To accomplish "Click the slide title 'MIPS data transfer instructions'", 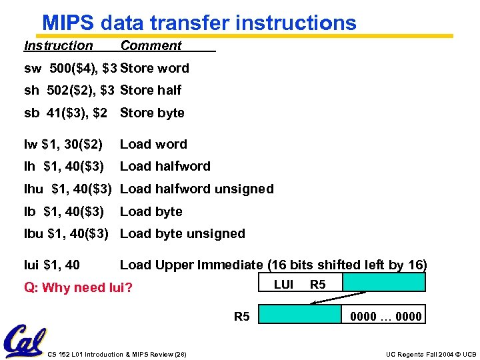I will tap(199, 22).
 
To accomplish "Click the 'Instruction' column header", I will tap(59, 46).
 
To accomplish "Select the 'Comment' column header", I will tap(151, 46).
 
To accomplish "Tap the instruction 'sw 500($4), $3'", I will tap(69, 68).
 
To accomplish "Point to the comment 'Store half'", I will tap(151, 90).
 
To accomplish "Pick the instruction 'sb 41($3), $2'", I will tap(65, 113).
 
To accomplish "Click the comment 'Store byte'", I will tap(152, 113).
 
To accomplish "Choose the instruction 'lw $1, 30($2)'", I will tap(63, 144).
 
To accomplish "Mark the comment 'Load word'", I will tap(153, 144).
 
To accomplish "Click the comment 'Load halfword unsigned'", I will tap(197, 189).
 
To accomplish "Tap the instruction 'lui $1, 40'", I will tap(52, 265).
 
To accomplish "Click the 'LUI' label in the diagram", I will tap(283, 285).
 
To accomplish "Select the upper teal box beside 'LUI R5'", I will tap(383, 283).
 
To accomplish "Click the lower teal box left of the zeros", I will tap(300, 313).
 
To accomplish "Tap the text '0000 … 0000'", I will tap(386, 317).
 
